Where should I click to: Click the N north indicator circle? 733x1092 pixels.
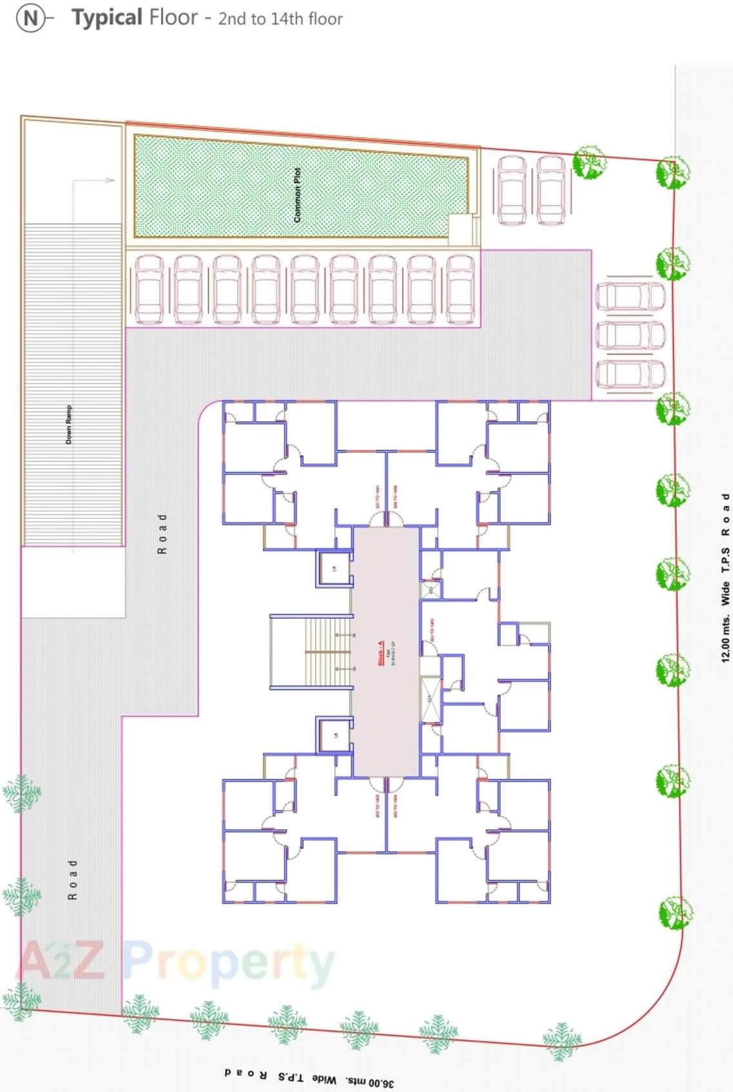click(x=30, y=19)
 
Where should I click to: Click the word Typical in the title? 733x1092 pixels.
click(x=107, y=17)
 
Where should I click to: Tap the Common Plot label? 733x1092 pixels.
click(x=297, y=195)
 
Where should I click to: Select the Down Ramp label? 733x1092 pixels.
click(x=68, y=425)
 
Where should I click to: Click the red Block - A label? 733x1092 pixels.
click(x=381, y=653)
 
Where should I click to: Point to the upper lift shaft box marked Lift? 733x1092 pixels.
click(x=334, y=568)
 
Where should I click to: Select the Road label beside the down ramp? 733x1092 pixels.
click(x=162, y=534)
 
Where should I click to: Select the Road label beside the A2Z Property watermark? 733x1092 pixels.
click(x=72, y=879)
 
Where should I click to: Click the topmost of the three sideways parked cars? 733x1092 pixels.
click(x=630, y=296)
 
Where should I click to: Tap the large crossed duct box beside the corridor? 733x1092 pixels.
click(x=430, y=699)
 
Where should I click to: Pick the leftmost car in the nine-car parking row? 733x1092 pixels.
click(x=148, y=289)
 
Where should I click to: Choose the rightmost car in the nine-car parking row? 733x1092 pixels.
click(x=460, y=289)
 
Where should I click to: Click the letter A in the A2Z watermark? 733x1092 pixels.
click(x=35, y=960)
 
